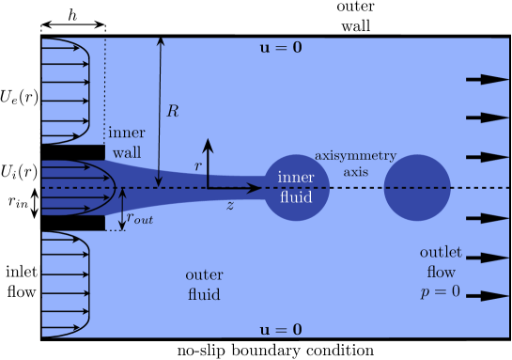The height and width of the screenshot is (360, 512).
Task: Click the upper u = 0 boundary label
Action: [281, 46]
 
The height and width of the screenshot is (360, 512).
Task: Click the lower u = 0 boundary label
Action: [281, 329]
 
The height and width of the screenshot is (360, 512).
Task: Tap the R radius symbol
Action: [173, 111]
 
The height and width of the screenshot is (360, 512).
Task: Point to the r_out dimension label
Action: [141, 218]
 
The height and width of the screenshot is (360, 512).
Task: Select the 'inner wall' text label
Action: [127, 143]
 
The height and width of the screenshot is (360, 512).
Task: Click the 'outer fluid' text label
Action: [204, 284]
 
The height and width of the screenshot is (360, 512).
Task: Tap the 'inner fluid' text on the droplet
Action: [296, 186]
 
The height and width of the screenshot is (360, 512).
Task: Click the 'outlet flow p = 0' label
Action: [439, 272]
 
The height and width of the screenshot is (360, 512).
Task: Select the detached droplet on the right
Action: [418, 188]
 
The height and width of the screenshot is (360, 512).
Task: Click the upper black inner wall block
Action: [72, 151]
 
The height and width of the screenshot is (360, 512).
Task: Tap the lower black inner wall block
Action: [72, 223]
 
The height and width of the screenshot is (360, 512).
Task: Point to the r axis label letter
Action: [197, 164]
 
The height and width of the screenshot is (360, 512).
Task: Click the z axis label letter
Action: [230, 204]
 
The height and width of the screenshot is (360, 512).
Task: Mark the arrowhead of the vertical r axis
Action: [209, 145]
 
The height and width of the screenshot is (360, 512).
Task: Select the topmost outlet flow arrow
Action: [487, 79]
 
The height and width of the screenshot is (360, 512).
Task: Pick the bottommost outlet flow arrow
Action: [487, 296]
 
